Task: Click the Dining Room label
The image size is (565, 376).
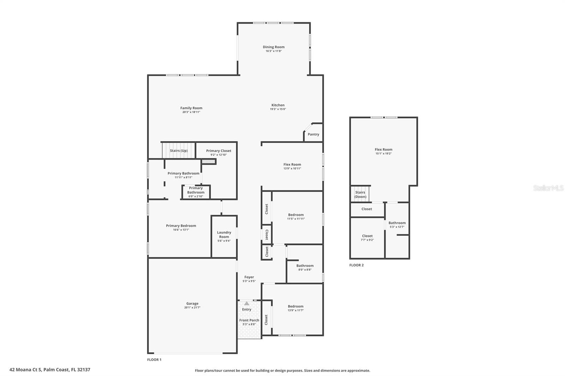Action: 273,47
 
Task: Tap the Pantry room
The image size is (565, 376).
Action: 313,134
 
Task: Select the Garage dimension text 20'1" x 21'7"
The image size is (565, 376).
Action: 192,308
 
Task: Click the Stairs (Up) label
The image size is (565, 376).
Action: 179,151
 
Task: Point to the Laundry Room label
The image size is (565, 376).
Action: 224,235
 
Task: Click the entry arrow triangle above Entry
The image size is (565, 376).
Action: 246,303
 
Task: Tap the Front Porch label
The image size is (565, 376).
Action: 249,320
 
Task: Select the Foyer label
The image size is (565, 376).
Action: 249,277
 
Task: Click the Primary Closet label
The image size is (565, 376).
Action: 219,151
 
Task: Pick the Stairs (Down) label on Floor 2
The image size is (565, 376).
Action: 360,195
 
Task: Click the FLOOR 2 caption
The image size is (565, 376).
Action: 356,265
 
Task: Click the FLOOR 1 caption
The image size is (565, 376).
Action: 154,360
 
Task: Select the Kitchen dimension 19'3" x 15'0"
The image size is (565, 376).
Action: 278,109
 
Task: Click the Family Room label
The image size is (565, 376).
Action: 191,108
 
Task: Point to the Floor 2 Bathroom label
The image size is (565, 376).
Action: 397,223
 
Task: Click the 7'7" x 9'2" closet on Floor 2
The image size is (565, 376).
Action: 367,238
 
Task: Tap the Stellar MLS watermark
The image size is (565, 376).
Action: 548,188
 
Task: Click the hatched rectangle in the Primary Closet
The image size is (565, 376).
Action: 209,161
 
